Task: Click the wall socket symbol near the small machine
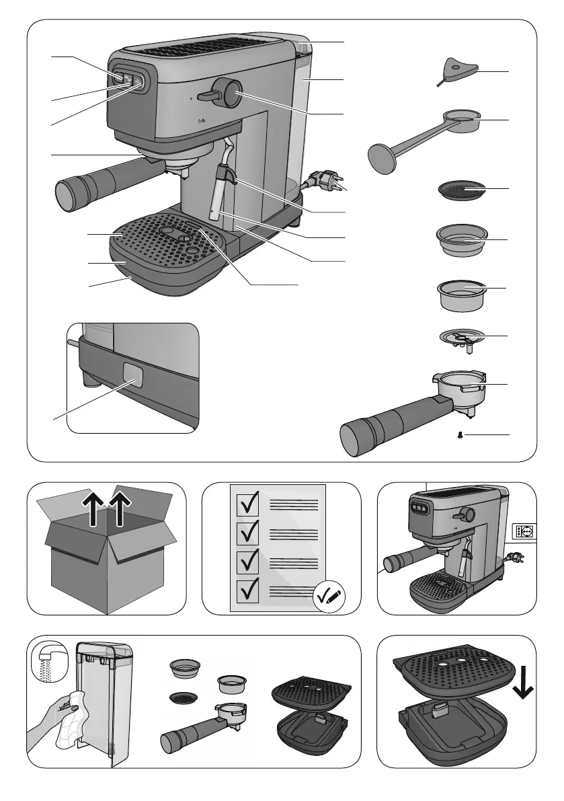click(x=524, y=530)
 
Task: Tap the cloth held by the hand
click(x=73, y=717)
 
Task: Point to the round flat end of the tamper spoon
click(x=380, y=159)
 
